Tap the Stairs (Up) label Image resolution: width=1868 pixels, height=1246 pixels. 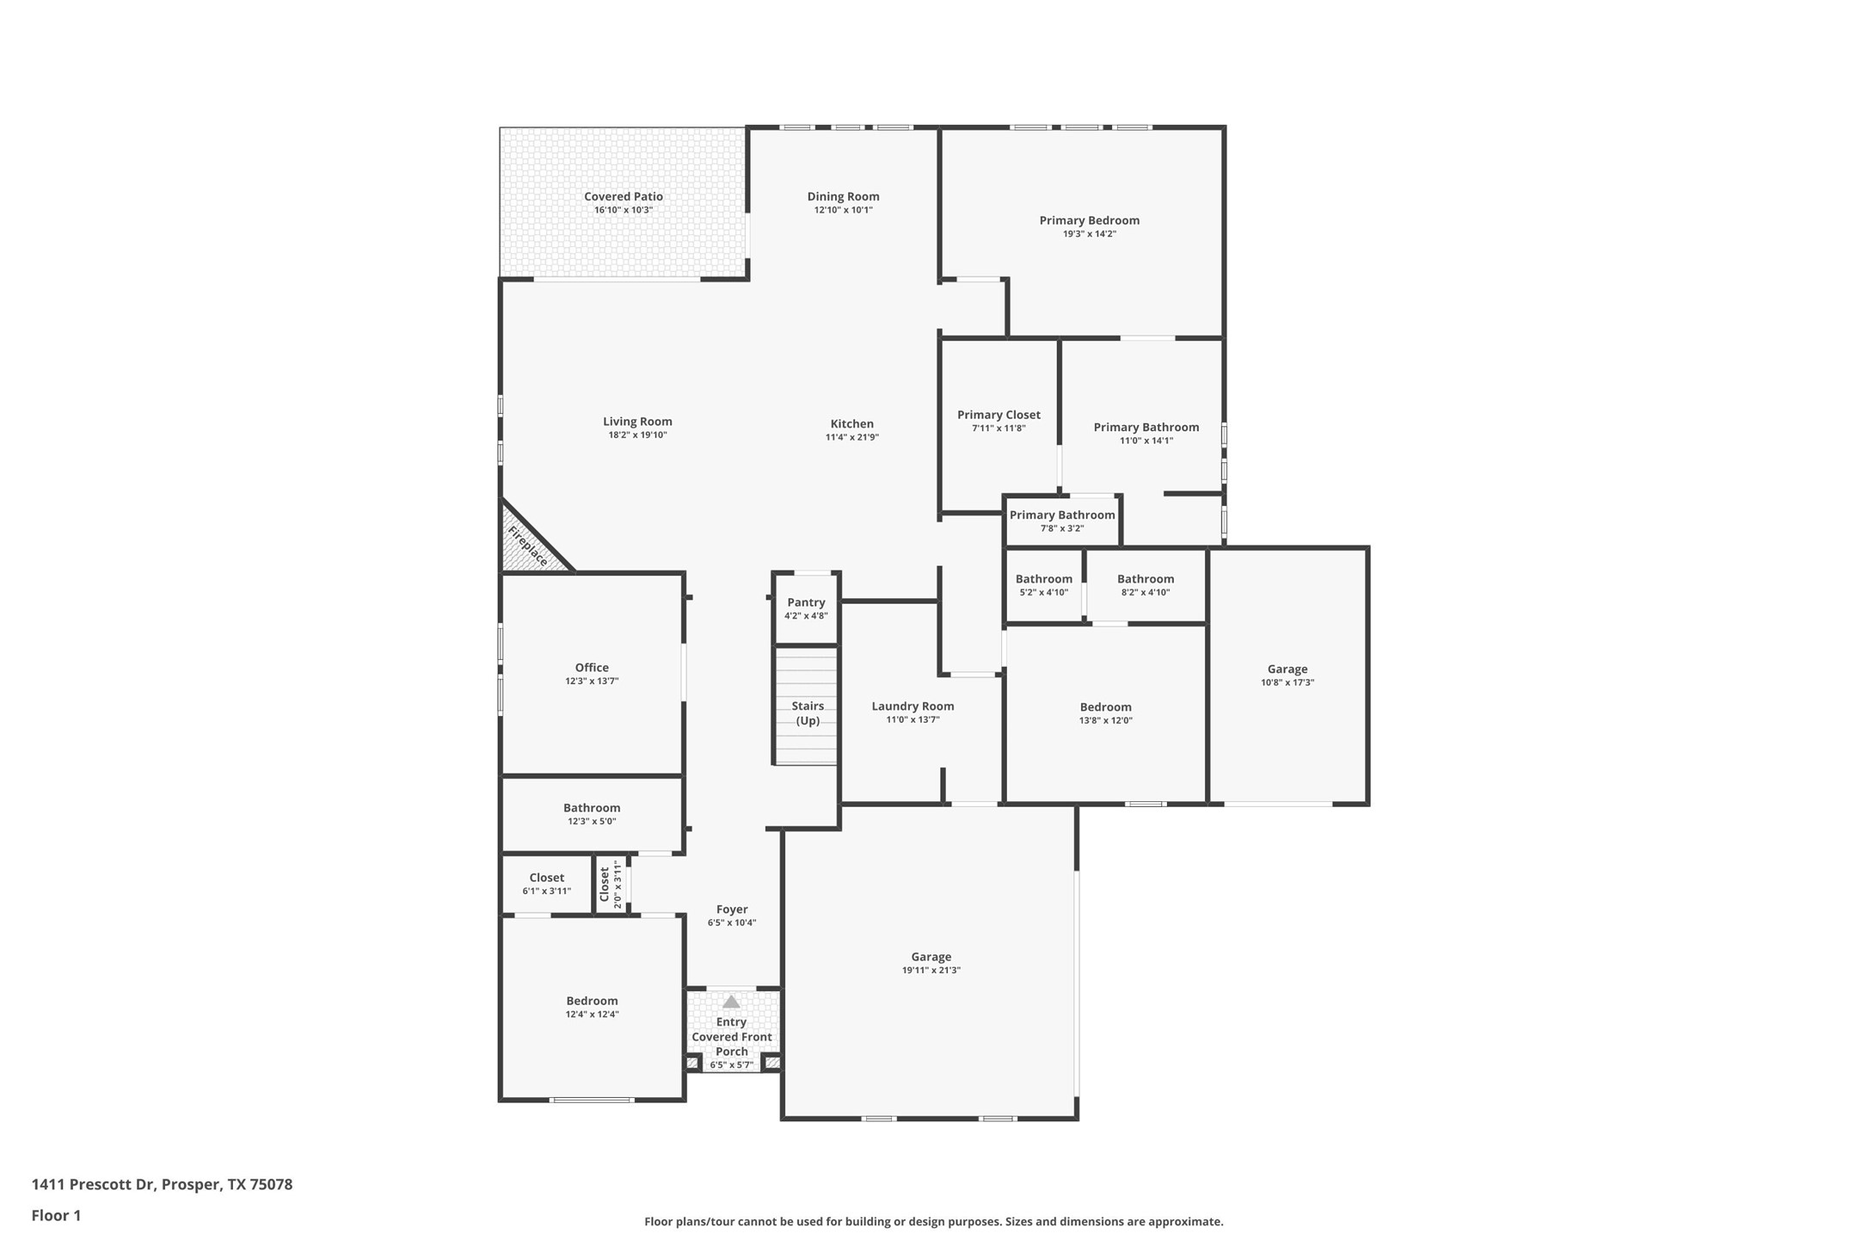[x=808, y=712]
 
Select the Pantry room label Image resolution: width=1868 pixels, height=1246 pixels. [x=806, y=602]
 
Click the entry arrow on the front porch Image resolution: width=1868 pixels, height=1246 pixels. [x=731, y=1002]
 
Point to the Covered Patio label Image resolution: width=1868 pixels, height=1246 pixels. [x=624, y=196]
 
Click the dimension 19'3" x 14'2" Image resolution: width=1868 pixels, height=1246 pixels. [x=1089, y=234]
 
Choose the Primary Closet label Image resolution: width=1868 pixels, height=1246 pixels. [x=999, y=415]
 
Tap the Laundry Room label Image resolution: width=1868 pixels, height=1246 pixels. [x=912, y=706]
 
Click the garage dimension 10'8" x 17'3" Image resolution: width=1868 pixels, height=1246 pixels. [x=1287, y=682]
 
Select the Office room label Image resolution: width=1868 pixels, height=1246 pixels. [x=592, y=667]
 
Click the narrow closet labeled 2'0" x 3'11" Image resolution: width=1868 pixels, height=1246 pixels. [x=611, y=884]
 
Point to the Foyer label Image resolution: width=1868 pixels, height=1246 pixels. [x=732, y=909]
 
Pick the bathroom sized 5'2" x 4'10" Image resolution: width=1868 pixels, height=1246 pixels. [x=1043, y=585]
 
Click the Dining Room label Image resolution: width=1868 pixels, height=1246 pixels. [x=843, y=196]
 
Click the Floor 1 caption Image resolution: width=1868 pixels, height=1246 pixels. [x=56, y=1216]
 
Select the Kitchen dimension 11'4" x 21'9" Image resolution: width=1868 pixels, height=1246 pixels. [x=851, y=437]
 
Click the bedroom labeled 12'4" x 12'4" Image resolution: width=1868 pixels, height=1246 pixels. [x=592, y=1007]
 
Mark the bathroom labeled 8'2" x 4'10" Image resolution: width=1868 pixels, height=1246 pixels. [x=1145, y=585]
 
